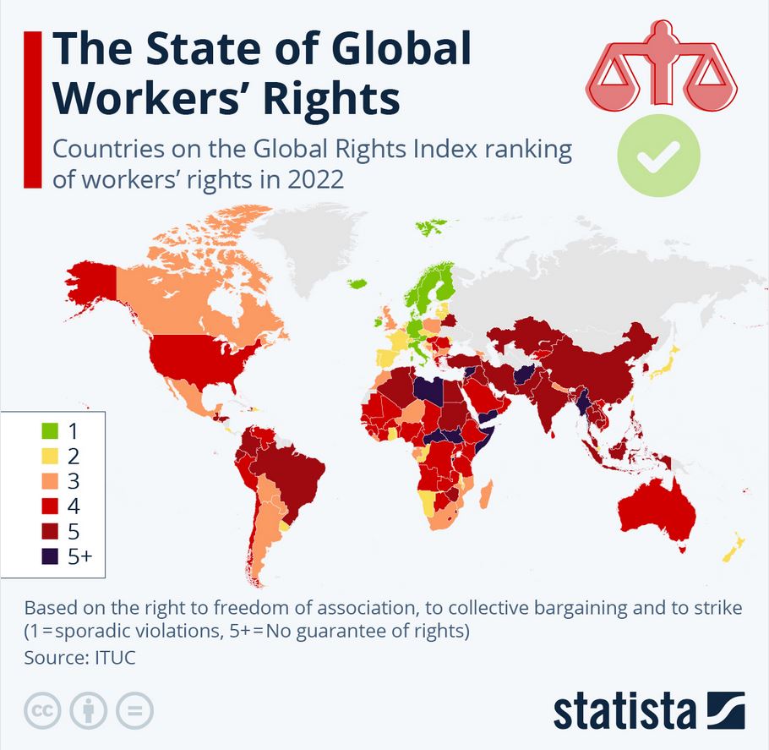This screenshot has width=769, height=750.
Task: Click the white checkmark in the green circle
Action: tap(658, 156)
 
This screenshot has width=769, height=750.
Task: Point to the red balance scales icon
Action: tap(662, 68)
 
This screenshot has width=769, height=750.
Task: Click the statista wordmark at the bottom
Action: tap(624, 711)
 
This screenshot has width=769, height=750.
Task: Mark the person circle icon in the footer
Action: tap(89, 711)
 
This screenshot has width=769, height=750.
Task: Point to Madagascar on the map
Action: tap(487, 494)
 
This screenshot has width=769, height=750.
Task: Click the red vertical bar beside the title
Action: tap(33, 107)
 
